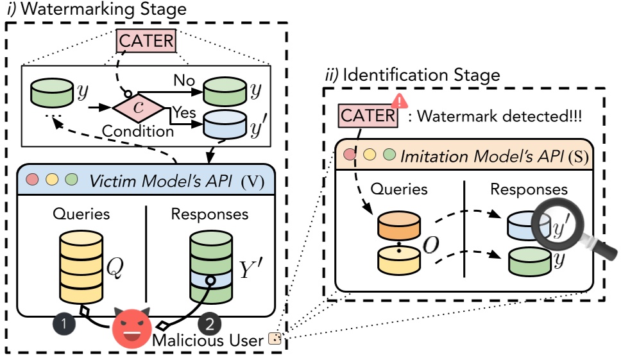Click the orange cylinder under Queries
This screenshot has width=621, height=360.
[398, 225]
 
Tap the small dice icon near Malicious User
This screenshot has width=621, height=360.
[275, 339]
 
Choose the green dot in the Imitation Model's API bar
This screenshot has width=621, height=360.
[388, 155]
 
